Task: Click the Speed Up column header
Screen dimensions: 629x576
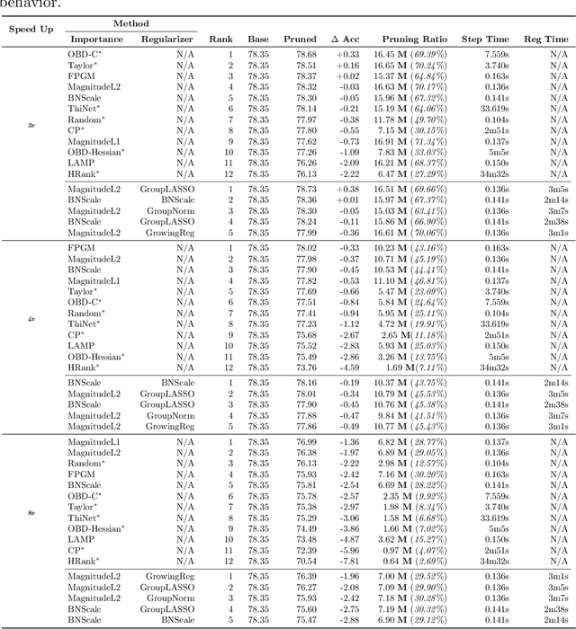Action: pyautogui.click(x=31, y=29)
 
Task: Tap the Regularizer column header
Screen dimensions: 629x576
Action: pyautogui.click(x=166, y=40)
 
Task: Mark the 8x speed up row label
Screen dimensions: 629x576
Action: pyautogui.click(x=31, y=512)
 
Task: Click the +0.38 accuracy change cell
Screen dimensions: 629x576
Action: pyautogui.click(x=346, y=190)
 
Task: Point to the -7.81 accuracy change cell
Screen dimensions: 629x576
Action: pyautogui.click(x=346, y=561)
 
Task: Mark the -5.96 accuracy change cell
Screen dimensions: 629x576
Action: pyautogui.click(x=346, y=550)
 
